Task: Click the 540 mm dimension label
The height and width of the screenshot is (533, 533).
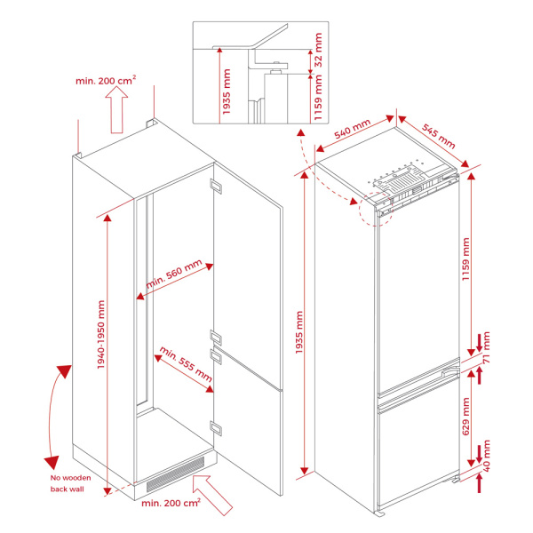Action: click(x=352, y=129)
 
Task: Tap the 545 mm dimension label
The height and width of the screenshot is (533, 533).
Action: click(x=439, y=136)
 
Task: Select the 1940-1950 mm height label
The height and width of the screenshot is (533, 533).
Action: click(x=101, y=335)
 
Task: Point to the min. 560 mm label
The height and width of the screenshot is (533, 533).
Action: click(x=174, y=274)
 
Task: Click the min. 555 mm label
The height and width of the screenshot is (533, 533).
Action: click(x=186, y=364)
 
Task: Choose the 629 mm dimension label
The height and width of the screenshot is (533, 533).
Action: click(x=465, y=417)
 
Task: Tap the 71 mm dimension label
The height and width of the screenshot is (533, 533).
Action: click(x=487, y=347)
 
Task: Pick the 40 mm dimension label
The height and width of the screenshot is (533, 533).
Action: click(x=487, y=456)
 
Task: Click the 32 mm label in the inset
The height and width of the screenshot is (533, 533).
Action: click(x=318, y=50)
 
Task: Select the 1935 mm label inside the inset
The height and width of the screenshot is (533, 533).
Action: click(x=227, y=91)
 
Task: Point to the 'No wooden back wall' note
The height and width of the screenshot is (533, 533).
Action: click(x=71, y=483)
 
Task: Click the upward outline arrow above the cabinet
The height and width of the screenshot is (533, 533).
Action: click(x=116, y=109)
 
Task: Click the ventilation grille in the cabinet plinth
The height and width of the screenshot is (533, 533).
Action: click(x=175, y=474)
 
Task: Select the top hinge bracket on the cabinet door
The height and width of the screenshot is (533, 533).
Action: click(x=216, y=187)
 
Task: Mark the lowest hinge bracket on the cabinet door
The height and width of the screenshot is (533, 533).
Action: click(x=216, y=427)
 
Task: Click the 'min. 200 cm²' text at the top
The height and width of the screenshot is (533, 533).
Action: click(x=106, y=80)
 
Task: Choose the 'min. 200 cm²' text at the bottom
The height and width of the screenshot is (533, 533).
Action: click(x=171, y=503)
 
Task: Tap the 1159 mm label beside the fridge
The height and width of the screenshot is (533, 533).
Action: click(x=465, y=259)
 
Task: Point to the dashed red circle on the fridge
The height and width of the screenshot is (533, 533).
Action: click(x=376, y=209)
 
